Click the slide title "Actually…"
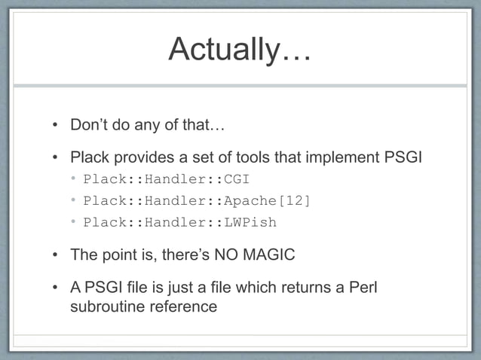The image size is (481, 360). [x=240, y=50]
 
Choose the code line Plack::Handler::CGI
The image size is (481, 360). [x=166, y=179]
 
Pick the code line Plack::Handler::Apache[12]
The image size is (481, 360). [x=196, y=200]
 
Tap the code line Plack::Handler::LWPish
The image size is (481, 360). [x=179, y=222]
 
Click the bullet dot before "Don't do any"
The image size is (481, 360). [x=56, y=125]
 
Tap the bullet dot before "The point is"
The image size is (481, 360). [x=56, y=255]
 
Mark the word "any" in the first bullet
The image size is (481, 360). [x=142, y=125]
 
